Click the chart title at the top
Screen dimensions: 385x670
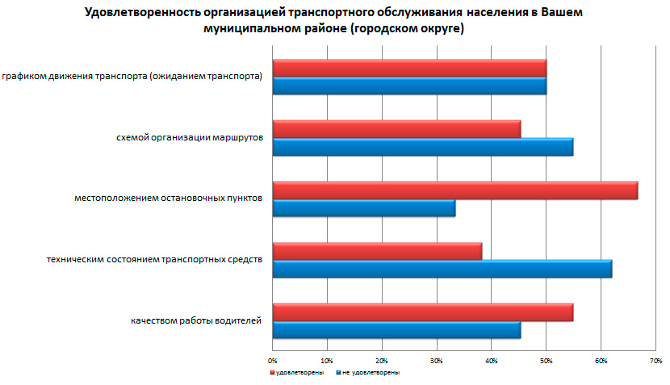[332, 21]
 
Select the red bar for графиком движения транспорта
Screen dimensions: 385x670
[409, 68]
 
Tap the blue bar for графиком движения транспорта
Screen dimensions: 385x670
[409, 86]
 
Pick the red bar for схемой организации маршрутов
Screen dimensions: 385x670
[396, 128]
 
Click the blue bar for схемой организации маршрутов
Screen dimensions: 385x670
[422, 147]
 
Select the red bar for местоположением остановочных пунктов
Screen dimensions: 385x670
[454, 190]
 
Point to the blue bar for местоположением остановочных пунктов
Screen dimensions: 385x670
[363, 208]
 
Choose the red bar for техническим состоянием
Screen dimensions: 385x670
[377, 251]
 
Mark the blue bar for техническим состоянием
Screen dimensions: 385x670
[442, 269]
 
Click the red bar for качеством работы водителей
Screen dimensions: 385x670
[422, 312]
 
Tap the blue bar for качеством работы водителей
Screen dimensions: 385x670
[396, 329]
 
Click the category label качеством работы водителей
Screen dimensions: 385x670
[196, 320]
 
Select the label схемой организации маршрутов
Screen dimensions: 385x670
[190, 138]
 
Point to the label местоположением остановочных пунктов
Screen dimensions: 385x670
[168, 199]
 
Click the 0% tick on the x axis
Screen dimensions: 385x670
[273, 359]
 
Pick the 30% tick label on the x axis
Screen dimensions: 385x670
[437, 359]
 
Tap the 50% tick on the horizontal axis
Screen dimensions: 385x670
[546, 359]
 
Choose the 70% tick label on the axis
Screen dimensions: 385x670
[655, 359]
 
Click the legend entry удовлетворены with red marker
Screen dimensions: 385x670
[299, 373]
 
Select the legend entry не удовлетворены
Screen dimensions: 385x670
[370, 373]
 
